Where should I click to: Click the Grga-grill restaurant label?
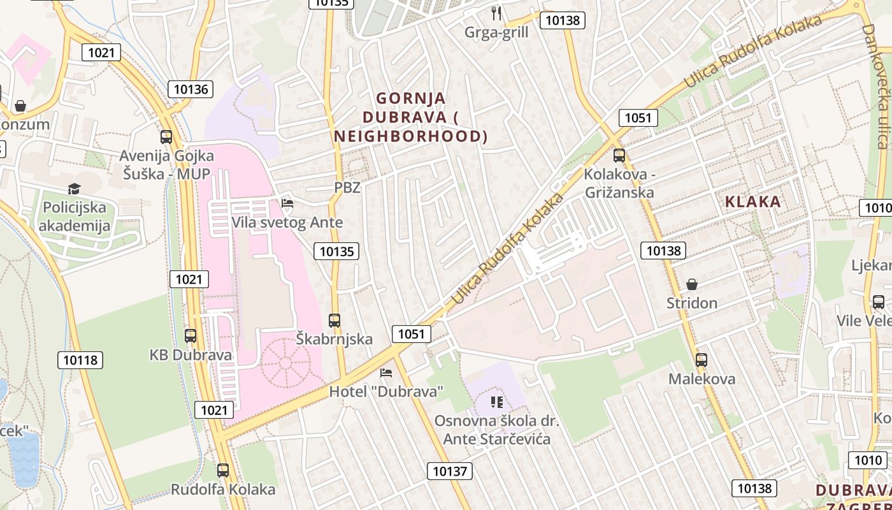[x=496, y=33]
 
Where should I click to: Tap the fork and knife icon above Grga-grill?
[x=496, y=13]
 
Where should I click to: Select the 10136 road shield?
[x=191, y=89]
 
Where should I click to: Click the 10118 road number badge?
[x=81, y=360]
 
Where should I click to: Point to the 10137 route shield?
[x=450, y=471]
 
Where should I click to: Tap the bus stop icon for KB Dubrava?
[x=191, y=336]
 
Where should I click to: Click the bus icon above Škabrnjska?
[x=334, y=321]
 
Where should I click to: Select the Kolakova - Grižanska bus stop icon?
[x=619, y=156]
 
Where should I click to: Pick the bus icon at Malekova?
[x=701, y=360]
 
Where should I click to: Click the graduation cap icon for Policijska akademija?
[x=75, y=189]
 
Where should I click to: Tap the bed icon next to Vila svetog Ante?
[x=287, y=204]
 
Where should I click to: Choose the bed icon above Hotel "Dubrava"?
[x=385, y=373]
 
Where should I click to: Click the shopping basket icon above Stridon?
[x=692, y=284]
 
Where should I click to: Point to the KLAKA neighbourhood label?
[x=752, y=202]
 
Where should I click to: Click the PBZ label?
[x=347, y=187]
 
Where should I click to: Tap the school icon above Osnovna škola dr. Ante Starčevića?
[x=497, y=402]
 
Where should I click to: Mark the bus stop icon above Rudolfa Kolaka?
[x=222, y=470]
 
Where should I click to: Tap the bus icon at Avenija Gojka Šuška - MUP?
[x=166, y=136]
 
